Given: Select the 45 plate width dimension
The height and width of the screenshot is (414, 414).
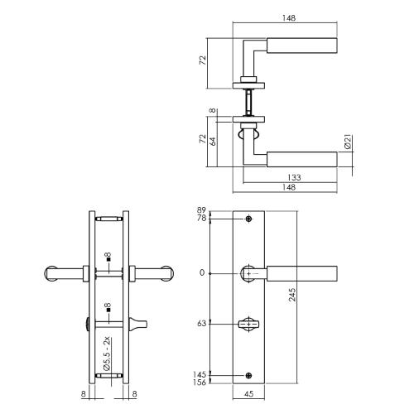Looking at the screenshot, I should (249, 403).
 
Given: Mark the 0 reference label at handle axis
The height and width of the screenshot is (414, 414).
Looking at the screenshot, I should (202, 272).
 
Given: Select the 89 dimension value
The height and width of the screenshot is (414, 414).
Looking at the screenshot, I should (200, 210).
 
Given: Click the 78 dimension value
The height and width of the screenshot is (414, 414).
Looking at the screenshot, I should (200, 219).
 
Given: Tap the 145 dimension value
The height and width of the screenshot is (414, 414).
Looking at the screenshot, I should (199, 375).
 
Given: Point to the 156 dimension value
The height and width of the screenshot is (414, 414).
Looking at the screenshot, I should (199, 384).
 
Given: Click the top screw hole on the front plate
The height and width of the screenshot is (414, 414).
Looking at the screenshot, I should (249, 219).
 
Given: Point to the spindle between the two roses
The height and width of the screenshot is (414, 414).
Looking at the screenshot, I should (248, 103).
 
